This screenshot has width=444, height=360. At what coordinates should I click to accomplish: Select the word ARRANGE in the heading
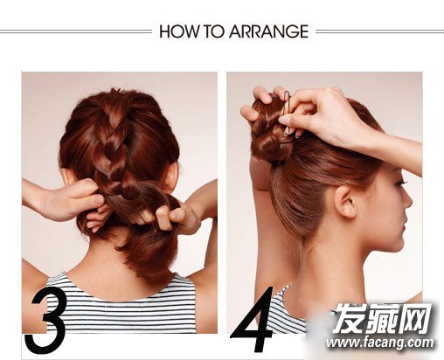[x=268, y=31]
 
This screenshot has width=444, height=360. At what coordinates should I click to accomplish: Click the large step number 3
[x=45, y=322]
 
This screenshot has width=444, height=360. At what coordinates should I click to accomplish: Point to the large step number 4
[x=253, y=319]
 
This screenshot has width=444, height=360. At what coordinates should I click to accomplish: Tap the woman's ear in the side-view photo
[x=346, y=202]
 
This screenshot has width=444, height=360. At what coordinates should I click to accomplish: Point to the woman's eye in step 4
[x=403, y=183]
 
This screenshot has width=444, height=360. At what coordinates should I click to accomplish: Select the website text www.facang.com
[x=380, y=343]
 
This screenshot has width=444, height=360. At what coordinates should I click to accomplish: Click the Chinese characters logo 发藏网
[x=382, y=318]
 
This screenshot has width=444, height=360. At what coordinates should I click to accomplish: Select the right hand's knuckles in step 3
[x=172, y=216]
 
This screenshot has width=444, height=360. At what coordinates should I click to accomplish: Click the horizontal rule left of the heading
[x=76, y=31]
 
